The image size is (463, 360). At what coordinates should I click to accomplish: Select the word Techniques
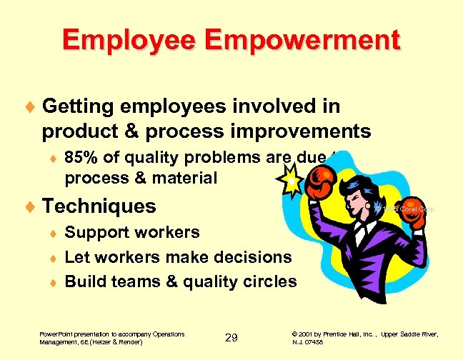tap(99, 206)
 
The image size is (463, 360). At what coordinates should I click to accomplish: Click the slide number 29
tap(231, 337)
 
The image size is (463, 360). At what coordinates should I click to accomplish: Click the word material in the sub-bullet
tap(187, 178)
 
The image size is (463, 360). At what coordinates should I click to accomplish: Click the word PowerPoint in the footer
tap(59, 334)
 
